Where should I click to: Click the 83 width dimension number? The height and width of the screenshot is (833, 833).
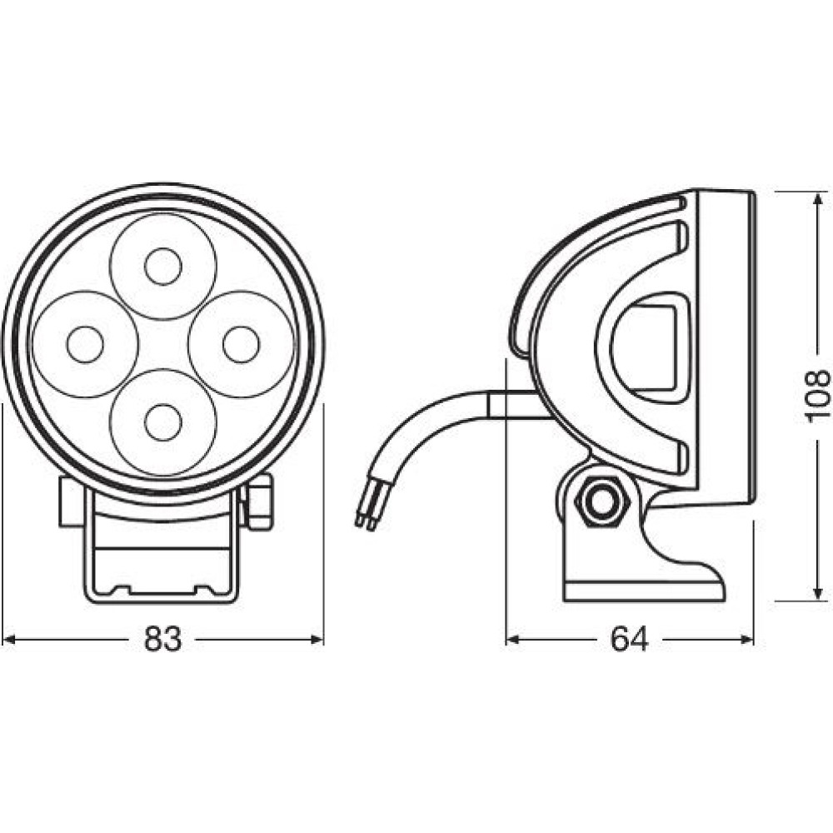162,639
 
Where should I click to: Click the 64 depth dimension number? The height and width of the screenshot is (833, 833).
629,639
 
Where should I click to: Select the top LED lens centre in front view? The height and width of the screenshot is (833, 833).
163,267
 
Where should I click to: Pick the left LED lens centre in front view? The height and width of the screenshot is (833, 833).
85,344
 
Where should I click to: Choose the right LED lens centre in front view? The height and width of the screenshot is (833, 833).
242,344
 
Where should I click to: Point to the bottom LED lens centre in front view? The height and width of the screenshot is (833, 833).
163,422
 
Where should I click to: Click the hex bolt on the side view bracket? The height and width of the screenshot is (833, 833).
602,501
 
